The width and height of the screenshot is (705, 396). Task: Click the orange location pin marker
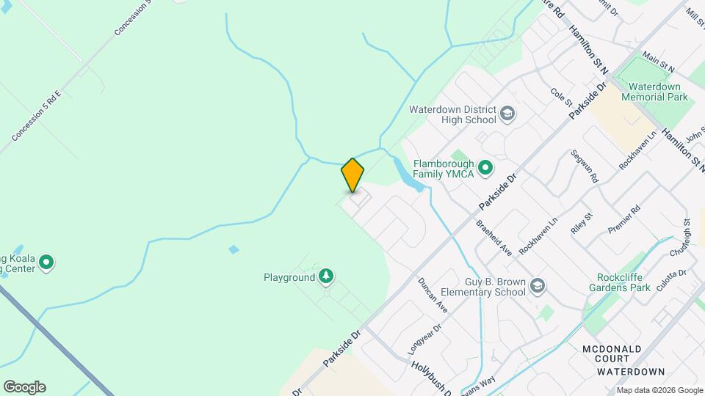[x=352, y=175]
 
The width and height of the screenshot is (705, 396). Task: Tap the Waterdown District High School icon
[x=507, y=114]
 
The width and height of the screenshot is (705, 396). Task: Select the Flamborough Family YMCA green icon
[x=485, y=169]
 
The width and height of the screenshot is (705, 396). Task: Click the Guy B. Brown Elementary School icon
[x=538, y=286]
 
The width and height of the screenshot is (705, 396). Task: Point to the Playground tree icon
[x=326, y=277]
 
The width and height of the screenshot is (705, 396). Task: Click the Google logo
[x=24, y=386]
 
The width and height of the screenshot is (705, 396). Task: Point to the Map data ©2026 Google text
[x=659, y=390]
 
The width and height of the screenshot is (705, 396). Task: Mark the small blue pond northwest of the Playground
[x=234, y=249]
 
